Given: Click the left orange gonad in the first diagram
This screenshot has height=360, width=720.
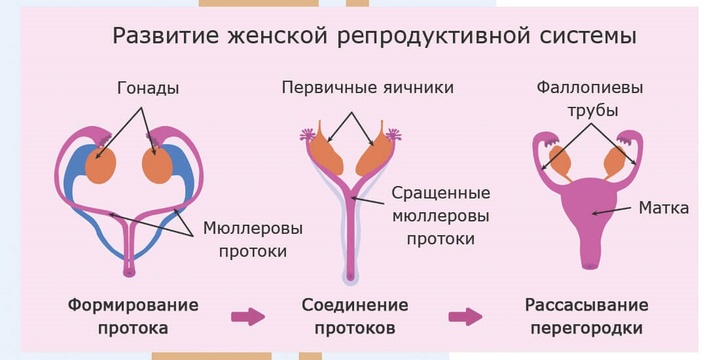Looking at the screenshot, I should (100, 165).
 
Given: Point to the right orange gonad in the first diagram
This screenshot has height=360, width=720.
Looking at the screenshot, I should (158, 165).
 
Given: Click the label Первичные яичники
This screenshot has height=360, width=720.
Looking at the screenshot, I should (369, 89).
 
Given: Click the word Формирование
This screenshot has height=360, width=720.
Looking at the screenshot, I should (133, 305).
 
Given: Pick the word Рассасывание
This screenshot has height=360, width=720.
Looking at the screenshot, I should (586, 305).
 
